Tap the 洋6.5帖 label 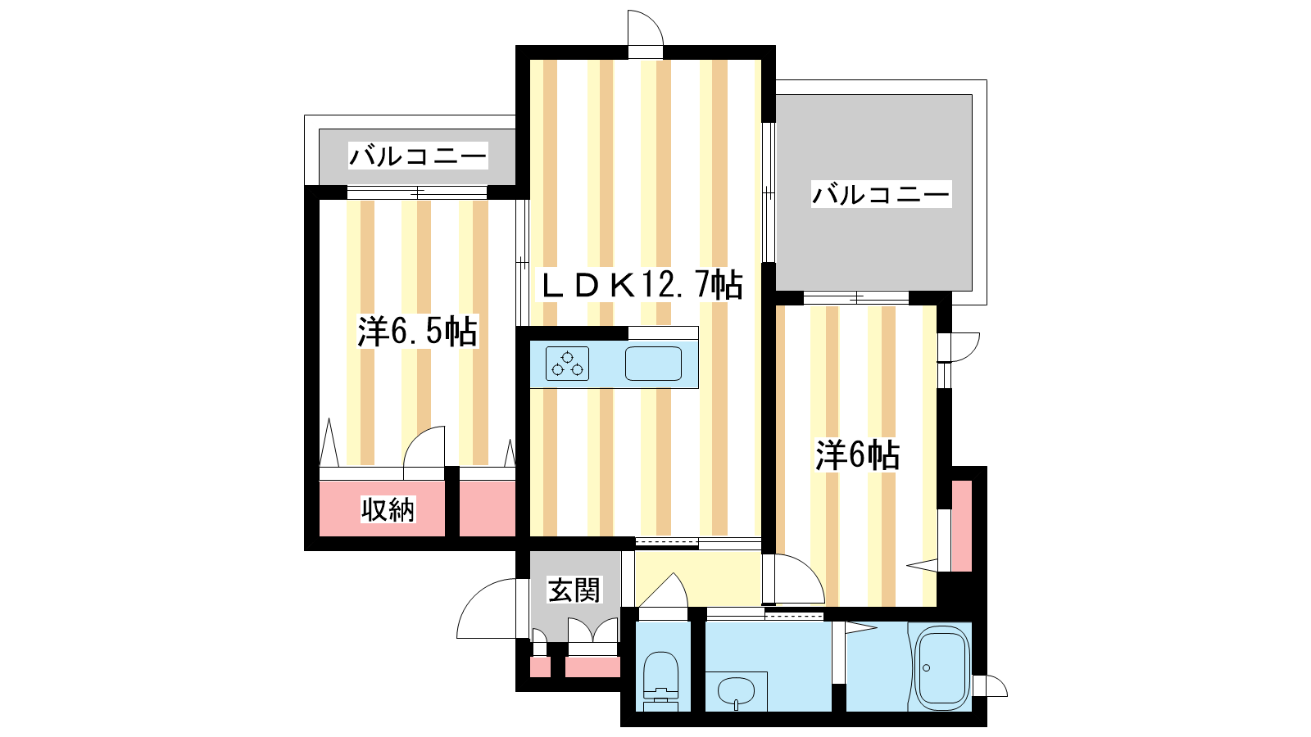[418, 332]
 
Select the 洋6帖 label [857, 454]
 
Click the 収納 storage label [388, 509]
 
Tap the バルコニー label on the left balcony [418, 156]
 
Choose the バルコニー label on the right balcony [881, 194]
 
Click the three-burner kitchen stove [567, 364]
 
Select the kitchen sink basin [653, 364]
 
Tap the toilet [660, 680]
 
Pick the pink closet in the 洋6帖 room [962, 526]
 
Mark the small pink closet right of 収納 [487, 509]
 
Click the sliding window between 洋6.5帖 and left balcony [417, 192]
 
